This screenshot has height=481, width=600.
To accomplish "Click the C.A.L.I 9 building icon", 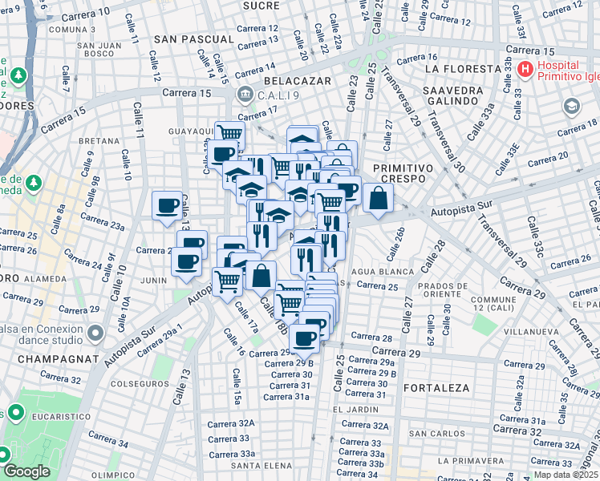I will [242, 95].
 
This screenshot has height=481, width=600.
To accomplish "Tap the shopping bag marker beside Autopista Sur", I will [378, 199].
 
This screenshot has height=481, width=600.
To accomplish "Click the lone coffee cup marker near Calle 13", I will [168, 204].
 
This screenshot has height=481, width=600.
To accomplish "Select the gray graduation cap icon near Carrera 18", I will [571, 106].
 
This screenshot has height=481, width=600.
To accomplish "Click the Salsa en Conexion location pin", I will [95, 332].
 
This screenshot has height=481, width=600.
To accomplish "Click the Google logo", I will [27, 471].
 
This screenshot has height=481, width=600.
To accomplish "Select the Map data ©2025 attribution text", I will [566, 475].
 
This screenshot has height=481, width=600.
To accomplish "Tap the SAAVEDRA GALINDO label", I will [454, 96].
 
